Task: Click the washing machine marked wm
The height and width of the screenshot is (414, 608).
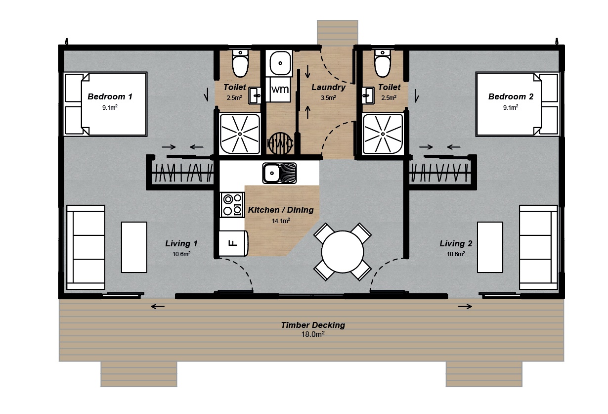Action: click(x=280, y=90)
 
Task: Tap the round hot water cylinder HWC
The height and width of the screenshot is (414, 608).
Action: click(x=280, y=143)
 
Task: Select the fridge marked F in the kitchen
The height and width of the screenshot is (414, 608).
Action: click(x=233, y=243)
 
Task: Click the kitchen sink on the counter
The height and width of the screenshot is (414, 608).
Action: click(x=279, y=173)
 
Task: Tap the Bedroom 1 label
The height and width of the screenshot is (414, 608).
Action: click(x=110, y=96)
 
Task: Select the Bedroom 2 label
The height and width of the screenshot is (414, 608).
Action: click(x=511, y=96)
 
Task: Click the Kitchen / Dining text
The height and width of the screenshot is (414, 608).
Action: click(x=281, y=210)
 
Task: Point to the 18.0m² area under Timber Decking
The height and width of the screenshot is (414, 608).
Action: click(x=313, y=334)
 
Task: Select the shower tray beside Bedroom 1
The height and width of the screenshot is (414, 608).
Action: click(x=240, y=134)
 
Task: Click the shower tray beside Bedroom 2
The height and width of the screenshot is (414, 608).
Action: click(x=383, y=134)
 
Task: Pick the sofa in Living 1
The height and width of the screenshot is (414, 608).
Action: click(x=86, y=247)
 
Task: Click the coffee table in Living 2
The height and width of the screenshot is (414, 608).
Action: click(x=490, y=247)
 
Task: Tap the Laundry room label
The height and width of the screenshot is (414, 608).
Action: click(x=328, y=87)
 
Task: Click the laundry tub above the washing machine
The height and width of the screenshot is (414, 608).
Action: click(x=280, y=63)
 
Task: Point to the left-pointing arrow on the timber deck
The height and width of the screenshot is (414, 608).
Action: click(x=158, y=307)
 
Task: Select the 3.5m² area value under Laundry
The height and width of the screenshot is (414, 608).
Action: click(x=328, y=97)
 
